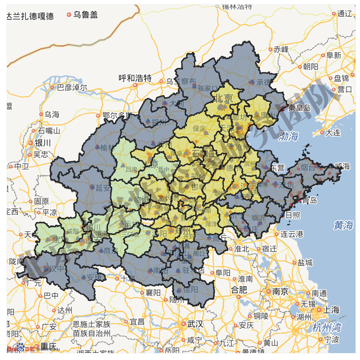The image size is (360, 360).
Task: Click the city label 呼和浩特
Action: [135, 78]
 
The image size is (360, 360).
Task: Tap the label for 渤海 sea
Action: [288, 137]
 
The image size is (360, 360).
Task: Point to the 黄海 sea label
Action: [344, 225]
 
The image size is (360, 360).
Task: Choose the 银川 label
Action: [42, 143]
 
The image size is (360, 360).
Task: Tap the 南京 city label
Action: [280, 291]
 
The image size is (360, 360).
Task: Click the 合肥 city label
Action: [239, 290]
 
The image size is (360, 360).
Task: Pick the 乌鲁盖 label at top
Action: [86, 15]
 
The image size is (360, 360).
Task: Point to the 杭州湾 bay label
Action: [327, 327]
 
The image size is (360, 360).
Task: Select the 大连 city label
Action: [333, 132]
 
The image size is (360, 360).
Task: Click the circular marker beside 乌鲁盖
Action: [69, 15]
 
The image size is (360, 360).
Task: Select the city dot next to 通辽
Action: [333, 14]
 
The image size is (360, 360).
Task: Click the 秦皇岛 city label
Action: [299, 107]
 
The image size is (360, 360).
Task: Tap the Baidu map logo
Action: [20, 349]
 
